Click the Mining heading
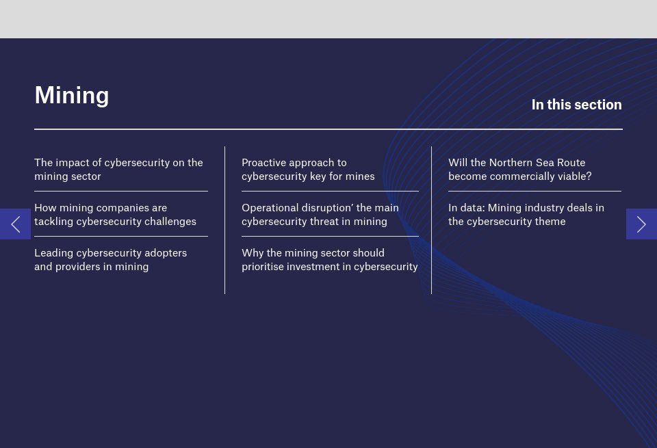pos(72,95)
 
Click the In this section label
pos(576,105)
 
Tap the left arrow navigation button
pos(15,224)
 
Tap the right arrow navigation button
pos(641,224)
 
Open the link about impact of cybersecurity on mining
pos(118,170)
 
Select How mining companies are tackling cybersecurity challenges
pos(115,215)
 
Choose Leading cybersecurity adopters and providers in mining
pos(110,260)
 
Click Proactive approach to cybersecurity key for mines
pos(308,170)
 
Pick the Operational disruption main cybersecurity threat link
pos(320,215)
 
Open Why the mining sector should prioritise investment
pos(329,260)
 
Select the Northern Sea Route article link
pos(519,170)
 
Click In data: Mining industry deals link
pos(526,215)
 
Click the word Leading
pos(53,253)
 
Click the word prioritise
pos(263,267)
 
